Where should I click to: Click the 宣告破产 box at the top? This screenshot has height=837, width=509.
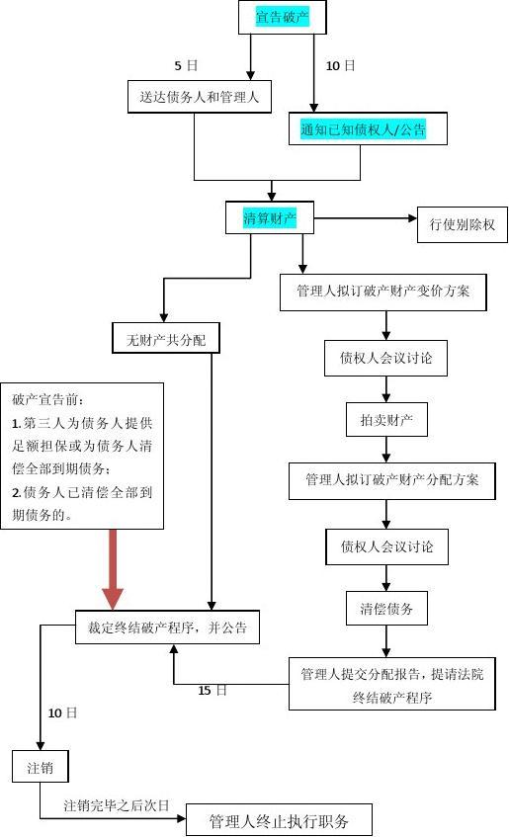(x=282, y=17)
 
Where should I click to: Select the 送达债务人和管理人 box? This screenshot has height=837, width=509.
(x=193, y=96)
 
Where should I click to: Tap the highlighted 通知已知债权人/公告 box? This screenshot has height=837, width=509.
(x=363, y=128)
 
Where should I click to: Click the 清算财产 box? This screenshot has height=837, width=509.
(x=270, y=218)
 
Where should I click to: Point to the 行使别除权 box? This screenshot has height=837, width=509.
(x=462, y=224)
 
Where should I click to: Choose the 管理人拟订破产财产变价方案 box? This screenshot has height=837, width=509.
(x=383, y=292)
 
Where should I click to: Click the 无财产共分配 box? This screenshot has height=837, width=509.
(x=165, y=340)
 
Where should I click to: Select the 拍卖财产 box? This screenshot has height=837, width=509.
(x=386, y=420)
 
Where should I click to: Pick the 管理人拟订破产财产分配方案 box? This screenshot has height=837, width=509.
(x=391, y=480)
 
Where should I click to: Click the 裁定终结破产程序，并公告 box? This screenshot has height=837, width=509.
(x=167, y=627)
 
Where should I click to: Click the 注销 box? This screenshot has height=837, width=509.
(x=41, y=767)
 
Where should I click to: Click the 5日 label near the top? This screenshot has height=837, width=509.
(x=186, y=65)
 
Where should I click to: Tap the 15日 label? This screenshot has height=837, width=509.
(x=212, y=690)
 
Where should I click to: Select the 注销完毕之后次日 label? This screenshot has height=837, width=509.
(x=117, y=805)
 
